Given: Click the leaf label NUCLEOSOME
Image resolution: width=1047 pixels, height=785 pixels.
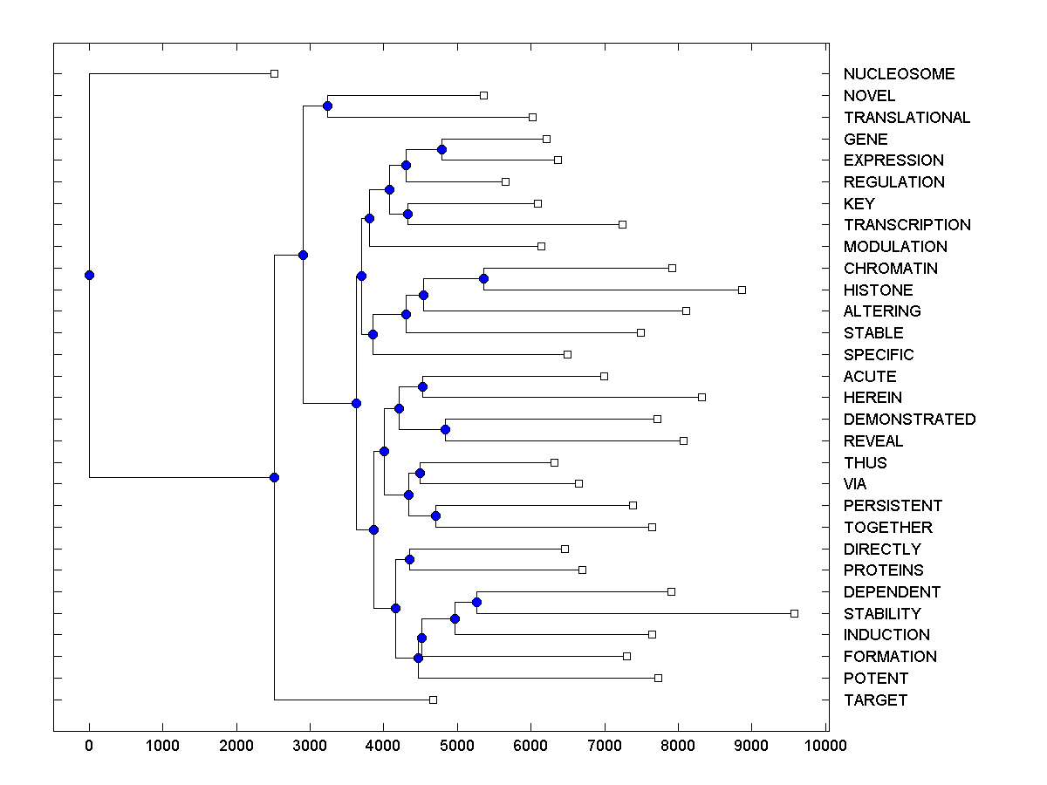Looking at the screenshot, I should [899, 74].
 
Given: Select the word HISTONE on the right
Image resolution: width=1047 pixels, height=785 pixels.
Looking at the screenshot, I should [878, 290].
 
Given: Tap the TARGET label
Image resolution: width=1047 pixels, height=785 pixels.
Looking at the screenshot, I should [875, 700].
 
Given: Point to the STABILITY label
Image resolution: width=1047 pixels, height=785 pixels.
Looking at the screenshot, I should [882, 614].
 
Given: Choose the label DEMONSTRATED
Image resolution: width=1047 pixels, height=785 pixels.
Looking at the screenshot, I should [909, 420].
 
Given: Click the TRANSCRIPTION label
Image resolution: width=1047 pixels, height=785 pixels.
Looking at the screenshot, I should [907, 225].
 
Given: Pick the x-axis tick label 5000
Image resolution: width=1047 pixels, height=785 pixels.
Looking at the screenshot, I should [457, 745].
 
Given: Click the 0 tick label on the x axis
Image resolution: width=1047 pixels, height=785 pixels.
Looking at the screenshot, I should [89, 745].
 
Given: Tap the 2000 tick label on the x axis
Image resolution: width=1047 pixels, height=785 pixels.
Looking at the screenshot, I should [236, 745].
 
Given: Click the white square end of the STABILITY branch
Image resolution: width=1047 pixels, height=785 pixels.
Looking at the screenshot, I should [794, 613].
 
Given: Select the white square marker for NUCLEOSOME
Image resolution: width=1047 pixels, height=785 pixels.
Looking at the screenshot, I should [274, 73].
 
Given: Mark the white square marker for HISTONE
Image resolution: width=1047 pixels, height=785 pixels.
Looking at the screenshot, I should [742, 290].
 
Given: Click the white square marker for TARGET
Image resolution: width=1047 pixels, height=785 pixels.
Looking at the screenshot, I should [433, 700].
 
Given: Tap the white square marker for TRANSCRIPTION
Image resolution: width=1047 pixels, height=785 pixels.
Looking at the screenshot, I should [622, 224].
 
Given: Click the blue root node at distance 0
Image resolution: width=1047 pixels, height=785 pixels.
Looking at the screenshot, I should [89, 276].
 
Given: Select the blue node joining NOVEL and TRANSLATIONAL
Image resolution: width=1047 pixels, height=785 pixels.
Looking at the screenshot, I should [327, 106].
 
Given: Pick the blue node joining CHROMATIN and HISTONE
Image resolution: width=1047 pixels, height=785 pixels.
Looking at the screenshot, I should [484, 279].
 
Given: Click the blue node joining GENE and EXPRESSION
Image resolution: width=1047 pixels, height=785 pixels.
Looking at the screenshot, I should [441, 150].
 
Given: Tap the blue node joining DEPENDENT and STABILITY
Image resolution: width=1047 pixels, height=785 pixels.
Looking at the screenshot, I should [476, 603].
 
